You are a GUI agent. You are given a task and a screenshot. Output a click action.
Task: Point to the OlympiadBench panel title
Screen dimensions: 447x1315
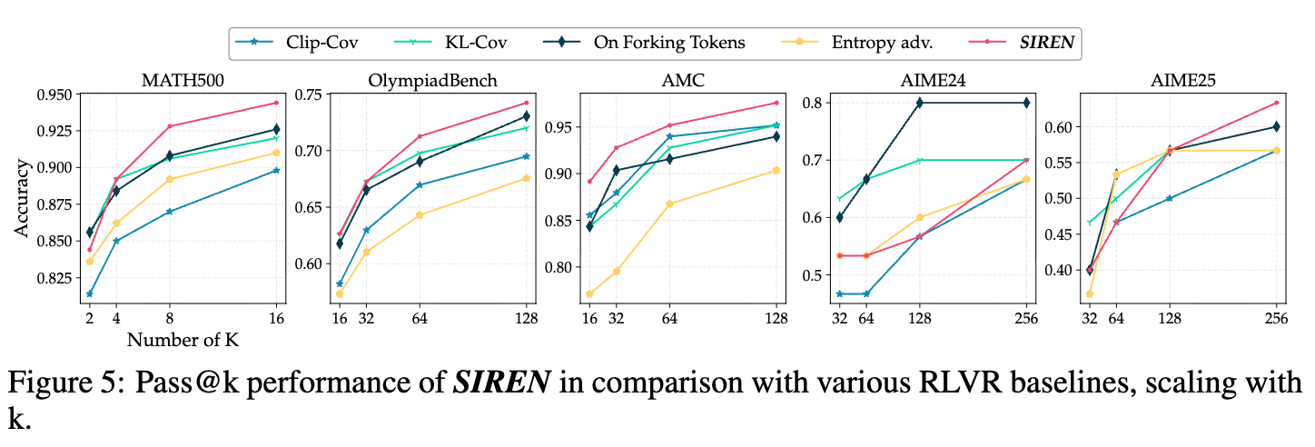click(x=433, y=80)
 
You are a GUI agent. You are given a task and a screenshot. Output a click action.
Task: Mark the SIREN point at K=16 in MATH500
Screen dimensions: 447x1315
click(x=276, y=103)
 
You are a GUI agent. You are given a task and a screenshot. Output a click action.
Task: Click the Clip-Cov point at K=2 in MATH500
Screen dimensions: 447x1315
click(x=89, y=294)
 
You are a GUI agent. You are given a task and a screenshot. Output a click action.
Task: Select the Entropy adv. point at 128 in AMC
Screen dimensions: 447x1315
click(x=776, y=170)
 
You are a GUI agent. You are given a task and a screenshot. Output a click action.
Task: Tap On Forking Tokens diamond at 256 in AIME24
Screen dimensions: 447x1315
click(x=1026, y=103)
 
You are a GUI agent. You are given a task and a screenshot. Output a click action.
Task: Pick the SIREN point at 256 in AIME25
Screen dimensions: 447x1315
click(x=1276, y=103)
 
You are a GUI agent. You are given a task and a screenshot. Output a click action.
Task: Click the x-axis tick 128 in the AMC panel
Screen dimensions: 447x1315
click(x=776, y=318)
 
